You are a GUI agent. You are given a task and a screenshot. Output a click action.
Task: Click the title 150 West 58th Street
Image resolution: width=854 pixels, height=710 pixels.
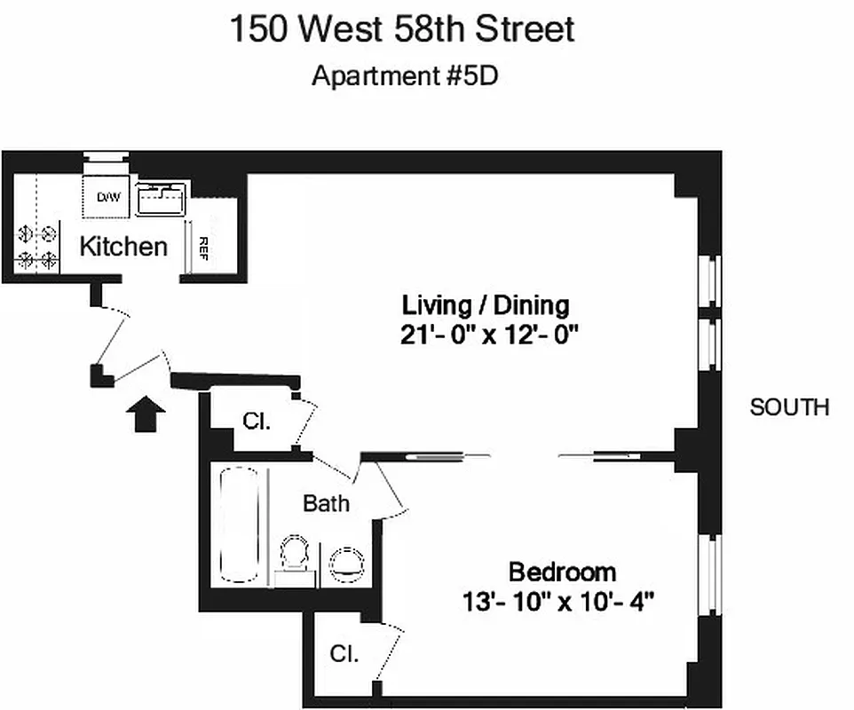coord(402,29)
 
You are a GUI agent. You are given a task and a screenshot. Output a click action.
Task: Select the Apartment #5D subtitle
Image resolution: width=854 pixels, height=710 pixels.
coord(405,75)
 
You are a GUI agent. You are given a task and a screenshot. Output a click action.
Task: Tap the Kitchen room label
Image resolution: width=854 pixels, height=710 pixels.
coord(123,246)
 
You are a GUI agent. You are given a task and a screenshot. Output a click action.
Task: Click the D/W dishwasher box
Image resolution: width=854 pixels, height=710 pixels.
coord(107,197)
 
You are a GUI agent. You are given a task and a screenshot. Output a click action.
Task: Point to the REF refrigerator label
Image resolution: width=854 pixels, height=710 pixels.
coord(203,246)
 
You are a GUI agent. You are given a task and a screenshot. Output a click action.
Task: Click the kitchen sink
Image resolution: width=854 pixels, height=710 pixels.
coord(161,198)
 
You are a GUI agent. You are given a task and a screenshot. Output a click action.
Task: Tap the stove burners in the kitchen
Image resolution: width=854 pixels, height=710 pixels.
coord(37,247)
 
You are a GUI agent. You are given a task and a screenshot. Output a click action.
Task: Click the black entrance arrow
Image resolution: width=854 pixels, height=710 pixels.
coord(146,414)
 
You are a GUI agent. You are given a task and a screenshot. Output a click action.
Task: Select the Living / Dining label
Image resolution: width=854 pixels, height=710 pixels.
coord(485,305)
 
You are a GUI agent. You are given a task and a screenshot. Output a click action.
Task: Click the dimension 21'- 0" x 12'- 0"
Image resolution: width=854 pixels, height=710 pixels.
coord(489,335)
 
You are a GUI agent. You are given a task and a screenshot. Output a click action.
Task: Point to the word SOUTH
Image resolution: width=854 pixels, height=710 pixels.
coord(789,407)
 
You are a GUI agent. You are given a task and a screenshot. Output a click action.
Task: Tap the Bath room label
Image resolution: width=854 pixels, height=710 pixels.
coord(326,503)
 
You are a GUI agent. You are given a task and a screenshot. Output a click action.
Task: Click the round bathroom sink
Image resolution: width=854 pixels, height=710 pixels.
coord(346,562)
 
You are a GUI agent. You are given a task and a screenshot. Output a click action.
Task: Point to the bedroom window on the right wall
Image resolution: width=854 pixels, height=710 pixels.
coord(710,574)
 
